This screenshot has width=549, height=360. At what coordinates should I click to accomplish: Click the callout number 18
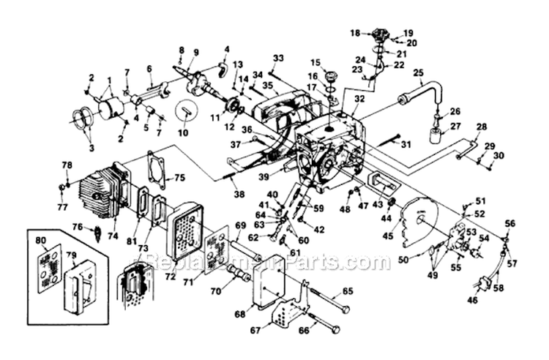pos(354,33)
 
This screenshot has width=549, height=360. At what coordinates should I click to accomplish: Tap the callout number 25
pos(419,73)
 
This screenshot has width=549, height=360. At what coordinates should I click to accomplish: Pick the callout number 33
pos(277,58)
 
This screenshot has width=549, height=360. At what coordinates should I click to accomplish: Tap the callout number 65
pos(347,291)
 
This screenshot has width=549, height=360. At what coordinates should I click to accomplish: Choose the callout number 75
pos(179,177)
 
